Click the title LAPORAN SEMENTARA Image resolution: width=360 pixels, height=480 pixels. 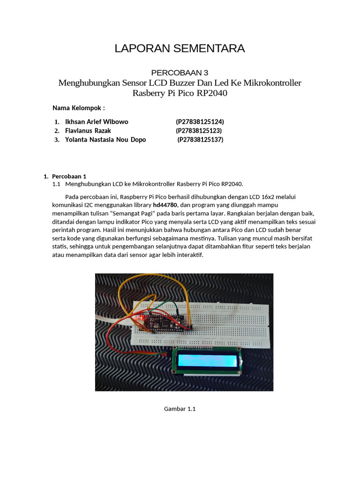pos(180,48)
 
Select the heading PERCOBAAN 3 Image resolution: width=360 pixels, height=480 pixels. pos(180,73)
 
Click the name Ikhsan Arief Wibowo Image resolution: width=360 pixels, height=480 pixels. pos(97,122)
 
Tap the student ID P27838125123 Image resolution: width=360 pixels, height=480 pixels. pos(199,131)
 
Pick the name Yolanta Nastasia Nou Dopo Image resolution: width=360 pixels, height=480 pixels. pos(105,140)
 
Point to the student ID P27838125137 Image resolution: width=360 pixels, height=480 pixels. pos(200,140)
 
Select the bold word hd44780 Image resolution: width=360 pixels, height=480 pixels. pos(166,205)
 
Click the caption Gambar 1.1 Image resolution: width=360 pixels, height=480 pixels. pos(180,409)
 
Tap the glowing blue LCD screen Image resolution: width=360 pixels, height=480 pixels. pos(206,361)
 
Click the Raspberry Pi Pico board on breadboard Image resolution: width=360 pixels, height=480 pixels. pos(164,322)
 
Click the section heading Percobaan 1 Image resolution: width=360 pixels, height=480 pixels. pos(69,176)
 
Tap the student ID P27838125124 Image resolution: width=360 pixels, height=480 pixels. pos(200,122)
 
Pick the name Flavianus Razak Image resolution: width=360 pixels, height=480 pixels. pos(88,131)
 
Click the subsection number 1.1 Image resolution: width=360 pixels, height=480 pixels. pos(57,184)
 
